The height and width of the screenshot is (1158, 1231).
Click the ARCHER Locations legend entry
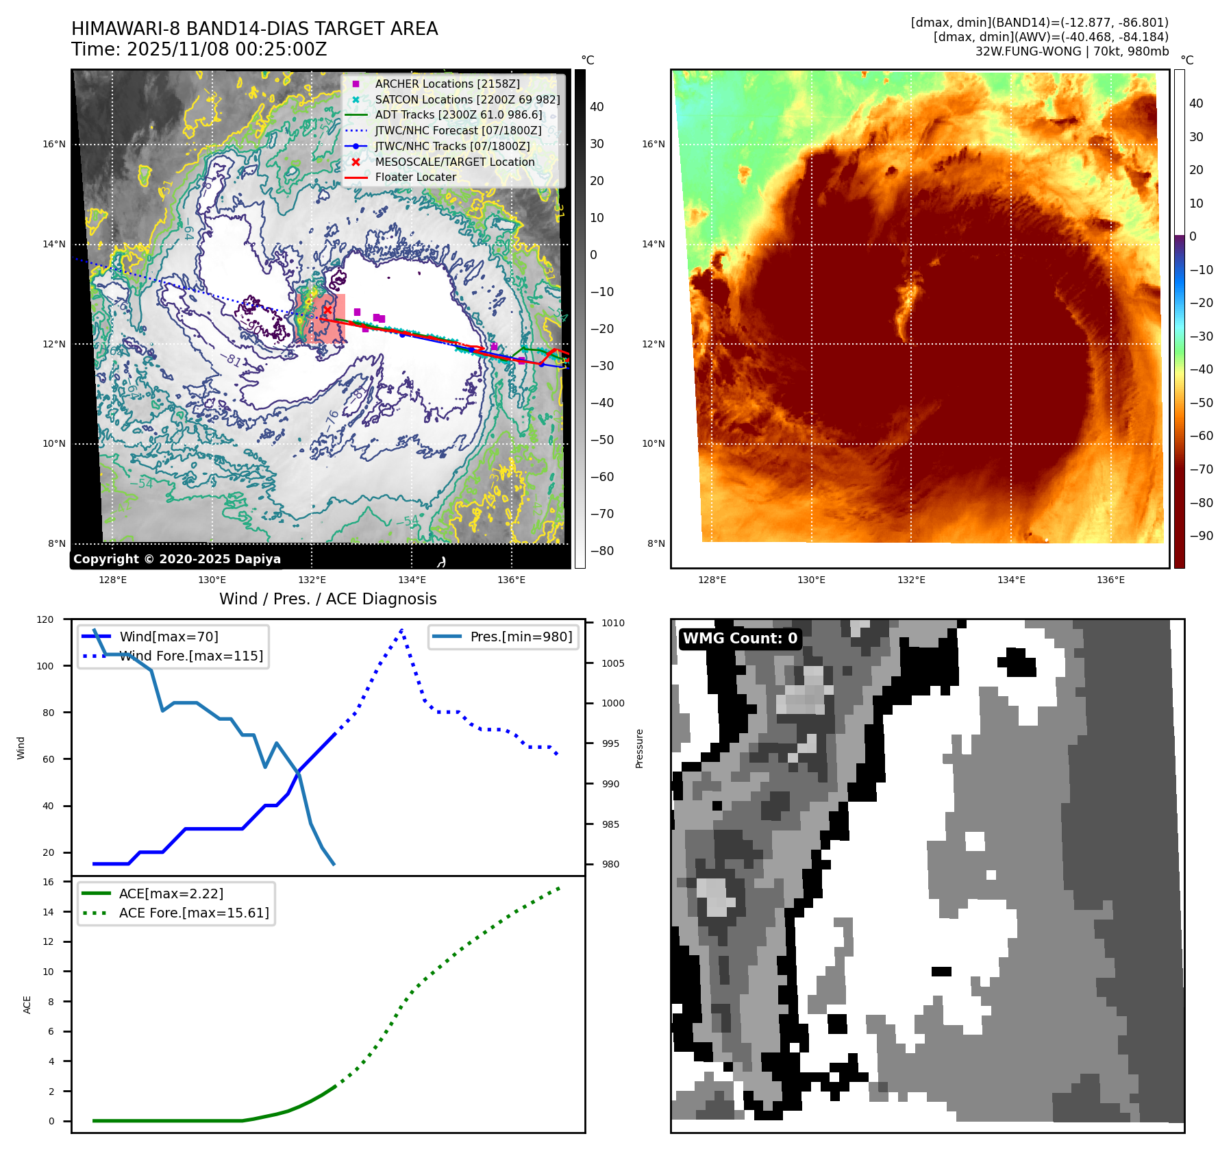tap(447, 84)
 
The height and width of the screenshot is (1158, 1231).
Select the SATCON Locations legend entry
tap(467, 99)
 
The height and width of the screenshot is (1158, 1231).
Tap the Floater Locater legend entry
tap(415, 177)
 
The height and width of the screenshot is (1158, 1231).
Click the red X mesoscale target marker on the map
tap(327, 310)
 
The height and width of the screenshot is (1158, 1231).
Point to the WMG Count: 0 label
tap(740, 639)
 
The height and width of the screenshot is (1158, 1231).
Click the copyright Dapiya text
tap(177, 559)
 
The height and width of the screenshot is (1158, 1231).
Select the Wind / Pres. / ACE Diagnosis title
tap(327, 599)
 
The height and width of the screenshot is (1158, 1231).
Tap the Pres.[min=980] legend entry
tap(521, 637)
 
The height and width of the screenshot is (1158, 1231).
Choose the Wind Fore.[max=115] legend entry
tap(191, 656)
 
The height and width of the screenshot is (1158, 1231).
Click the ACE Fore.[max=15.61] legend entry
tap(194, 913)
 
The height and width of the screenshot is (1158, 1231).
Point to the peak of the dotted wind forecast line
tap(401, 629)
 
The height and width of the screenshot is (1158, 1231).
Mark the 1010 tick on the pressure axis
tap(613, 623)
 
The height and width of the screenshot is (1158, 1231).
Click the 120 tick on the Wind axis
tap(45, 619)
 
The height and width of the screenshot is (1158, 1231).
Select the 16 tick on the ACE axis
tap(49, 882)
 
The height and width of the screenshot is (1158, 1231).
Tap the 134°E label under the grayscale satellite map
tap(412, 580)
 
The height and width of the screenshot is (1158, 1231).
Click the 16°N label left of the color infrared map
tap(653, 144)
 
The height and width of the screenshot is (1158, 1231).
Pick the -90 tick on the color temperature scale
tap(1201, 536)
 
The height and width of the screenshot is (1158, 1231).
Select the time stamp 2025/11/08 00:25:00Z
tap(227, 49)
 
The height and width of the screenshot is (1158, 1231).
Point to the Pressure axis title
tap(639, 748)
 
